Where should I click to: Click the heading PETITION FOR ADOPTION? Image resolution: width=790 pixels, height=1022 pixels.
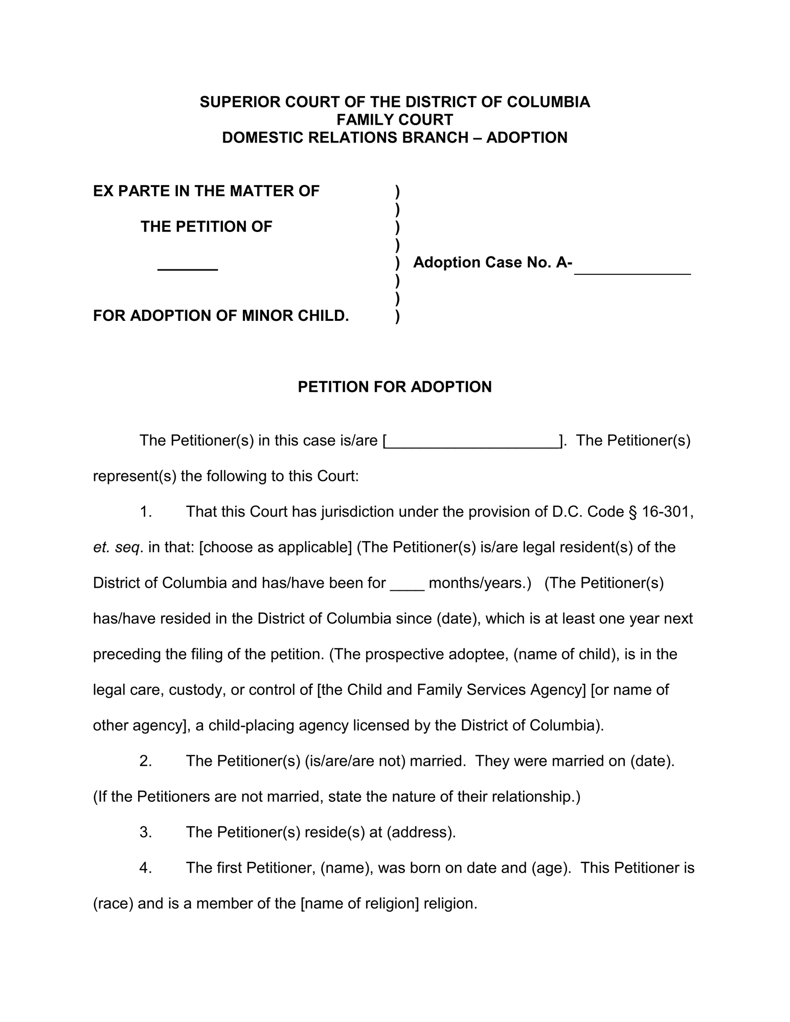tap(394, 387)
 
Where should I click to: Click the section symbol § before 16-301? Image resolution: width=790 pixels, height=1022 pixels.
tap(633, 512)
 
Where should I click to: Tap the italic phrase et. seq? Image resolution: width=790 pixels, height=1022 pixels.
tap(117, 548)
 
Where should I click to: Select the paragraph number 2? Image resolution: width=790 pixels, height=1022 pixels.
tap(146, 761)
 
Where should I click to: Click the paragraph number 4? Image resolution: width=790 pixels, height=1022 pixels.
tap(146, 868)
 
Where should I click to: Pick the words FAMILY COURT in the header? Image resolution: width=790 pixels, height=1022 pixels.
tap(394, 120)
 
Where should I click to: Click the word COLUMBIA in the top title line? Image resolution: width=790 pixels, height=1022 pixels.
tap(549, 102)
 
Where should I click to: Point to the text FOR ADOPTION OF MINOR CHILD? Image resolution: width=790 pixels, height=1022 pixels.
tap(221, 316)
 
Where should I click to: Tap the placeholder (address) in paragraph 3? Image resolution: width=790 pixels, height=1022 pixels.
tap(421, 832)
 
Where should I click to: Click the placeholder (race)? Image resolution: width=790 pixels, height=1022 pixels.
tap(114, 904)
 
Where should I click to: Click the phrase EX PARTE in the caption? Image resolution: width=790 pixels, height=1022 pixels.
tap(130, 191)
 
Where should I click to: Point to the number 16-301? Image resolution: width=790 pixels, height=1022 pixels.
tap(667, 512)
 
